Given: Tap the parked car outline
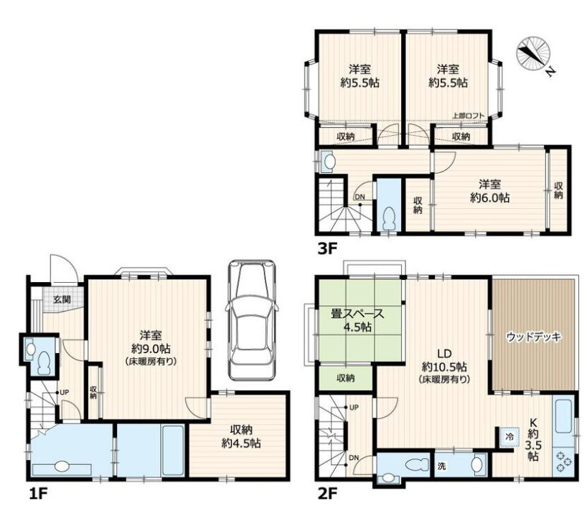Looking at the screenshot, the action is pyautogui.click(x=252, y=320).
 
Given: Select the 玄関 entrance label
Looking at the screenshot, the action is pyautogui.click(x=62, y=299).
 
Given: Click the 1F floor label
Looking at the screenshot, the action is pyautogui.click(x=38, y=494).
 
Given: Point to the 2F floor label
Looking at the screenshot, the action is pyautogui.click(x=327, y=494).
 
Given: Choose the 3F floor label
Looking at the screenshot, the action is pyautogui.click(x=327, y=248).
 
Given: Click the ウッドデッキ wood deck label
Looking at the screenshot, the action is pyautogui.click(x=534, y=337).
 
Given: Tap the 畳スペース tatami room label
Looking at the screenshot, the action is pyautogui.click(x=357, y=313).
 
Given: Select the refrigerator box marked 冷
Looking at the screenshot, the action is pyautogui.click(x=509, y=436).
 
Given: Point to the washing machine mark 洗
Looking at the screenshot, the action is pyautogui.click(x=442, y=467).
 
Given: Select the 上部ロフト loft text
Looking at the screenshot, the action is pyautogui.click(x=469, y=116).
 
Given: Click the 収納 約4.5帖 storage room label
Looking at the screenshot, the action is pyautogui.click(x=241, y=436).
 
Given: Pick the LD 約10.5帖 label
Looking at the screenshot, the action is pyautogui.click(x=444, y=365).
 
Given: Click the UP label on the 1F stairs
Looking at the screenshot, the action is pyautogui.click(x=65, y=393).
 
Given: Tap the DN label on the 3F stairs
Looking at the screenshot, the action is pyautogui.click(x=360, y=197).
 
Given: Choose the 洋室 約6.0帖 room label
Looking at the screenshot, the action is pyautogui.click(x=489, y=191).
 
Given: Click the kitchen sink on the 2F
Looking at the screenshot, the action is pyautogui.click(x=563, y=416).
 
